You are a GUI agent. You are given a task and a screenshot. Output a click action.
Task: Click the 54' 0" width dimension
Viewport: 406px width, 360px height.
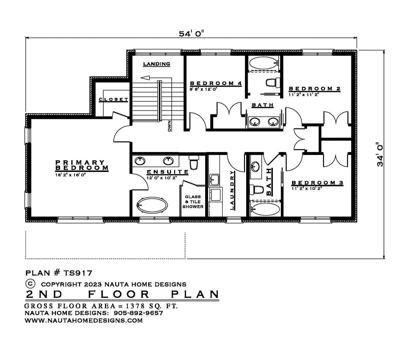coord(191,34)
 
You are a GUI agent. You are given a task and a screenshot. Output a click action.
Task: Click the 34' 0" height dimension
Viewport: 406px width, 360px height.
coord(380,154)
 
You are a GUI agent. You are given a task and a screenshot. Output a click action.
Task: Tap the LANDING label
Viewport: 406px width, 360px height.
coord(156,64)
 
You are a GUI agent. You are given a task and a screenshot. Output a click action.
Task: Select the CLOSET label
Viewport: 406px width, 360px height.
coord(113,99)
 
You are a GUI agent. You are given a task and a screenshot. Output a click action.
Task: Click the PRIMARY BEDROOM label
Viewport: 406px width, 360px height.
coord(82,165)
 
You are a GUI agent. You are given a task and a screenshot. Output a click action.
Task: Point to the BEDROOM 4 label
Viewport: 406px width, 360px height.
coord(216,83)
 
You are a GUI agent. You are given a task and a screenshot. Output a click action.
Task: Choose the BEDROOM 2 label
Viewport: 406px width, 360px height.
coord(314,89)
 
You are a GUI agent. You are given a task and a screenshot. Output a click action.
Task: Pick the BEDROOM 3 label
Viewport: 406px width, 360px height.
coord(317,183)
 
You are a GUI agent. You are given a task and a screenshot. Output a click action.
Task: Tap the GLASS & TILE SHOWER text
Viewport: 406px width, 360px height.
coord(193,202)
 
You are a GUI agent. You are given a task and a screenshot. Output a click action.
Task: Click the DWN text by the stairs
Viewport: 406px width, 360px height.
coord(170,126)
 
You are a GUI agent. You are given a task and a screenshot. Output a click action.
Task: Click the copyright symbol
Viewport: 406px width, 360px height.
coord(30,283)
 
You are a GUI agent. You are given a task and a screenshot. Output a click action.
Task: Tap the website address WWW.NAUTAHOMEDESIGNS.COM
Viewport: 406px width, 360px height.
coord(84,320)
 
